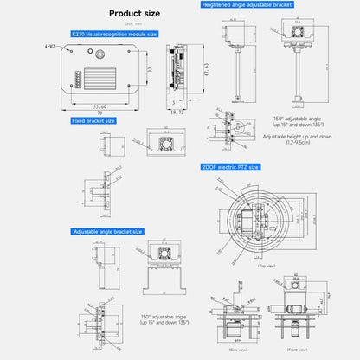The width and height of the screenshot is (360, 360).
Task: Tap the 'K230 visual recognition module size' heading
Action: pos(115,35)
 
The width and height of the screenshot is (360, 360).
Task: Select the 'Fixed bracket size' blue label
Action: pos(94,121)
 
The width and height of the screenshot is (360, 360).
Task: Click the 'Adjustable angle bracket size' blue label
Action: pos(108,232)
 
